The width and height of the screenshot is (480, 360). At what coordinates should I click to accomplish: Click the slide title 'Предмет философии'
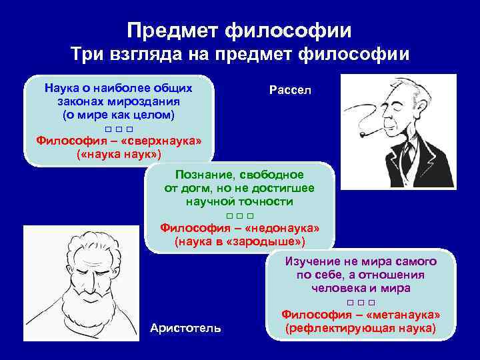[x=239, y=30]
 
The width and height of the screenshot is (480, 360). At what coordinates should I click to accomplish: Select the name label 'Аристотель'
[x=186, y=328]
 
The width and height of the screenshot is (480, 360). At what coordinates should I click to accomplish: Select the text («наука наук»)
[x=119, y=154]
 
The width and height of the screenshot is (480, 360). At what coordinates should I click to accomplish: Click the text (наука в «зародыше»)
[x=239, y=240]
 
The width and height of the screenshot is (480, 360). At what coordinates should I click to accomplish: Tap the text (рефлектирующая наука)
[x=360, y=329]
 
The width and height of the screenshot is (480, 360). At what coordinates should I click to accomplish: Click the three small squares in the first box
[x=119, y=128]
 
